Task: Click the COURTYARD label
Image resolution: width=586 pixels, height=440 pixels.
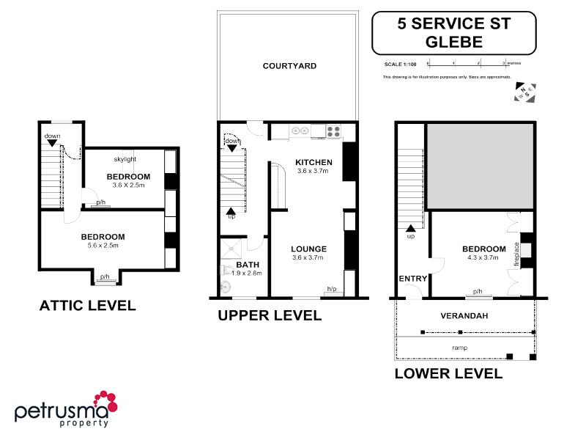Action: tap(289, 66)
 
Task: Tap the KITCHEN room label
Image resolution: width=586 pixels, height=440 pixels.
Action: tap(314, 162)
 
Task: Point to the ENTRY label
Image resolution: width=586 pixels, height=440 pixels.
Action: tap(412, 279)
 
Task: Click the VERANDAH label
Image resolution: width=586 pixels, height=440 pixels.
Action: tap(464, 316)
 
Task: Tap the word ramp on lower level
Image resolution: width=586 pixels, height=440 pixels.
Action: tap(460, 348)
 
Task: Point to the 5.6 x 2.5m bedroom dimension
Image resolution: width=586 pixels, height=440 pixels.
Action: tap(103, 246)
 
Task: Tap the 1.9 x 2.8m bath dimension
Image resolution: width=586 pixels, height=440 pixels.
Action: tap(246, 273)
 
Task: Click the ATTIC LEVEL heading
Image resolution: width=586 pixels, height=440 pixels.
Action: tap(87, 306)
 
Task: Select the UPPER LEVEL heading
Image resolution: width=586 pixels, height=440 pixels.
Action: tap(270, 316)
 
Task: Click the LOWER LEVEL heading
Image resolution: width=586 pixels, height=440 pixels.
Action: tap(448, 373)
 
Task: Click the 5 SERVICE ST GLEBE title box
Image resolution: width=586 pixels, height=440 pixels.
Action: tap(453, 32)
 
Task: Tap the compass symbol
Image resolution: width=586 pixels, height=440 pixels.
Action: tap(524, 92)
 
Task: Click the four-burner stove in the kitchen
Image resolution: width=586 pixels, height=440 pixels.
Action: tap(333, 132)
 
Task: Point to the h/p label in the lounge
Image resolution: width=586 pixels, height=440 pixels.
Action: tap(331, 290)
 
